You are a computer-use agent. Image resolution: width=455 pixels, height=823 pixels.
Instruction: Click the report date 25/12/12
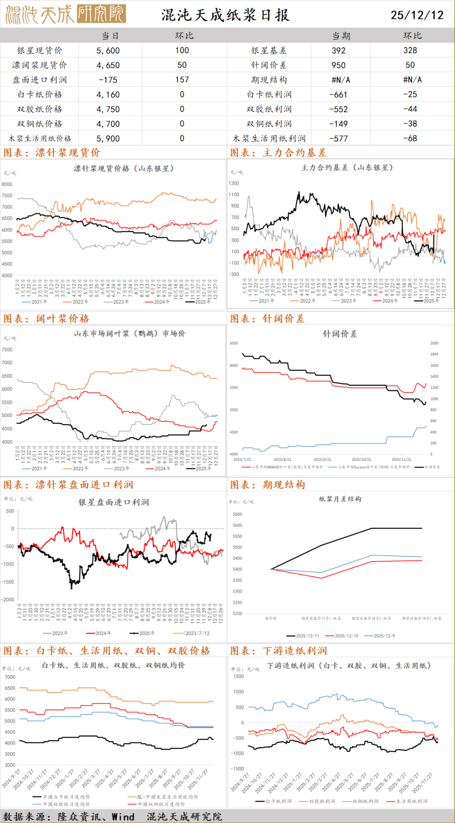417,15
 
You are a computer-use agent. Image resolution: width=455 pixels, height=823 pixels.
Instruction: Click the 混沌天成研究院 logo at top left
66,14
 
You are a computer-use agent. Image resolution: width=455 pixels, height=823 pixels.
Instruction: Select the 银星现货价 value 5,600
108,51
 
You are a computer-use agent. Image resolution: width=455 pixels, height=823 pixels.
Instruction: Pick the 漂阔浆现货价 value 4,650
108,65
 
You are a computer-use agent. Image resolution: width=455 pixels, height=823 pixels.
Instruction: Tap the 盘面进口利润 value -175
108,80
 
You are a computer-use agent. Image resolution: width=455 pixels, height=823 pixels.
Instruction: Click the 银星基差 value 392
338,51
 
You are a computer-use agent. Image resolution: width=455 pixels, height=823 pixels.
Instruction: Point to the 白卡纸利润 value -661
338,94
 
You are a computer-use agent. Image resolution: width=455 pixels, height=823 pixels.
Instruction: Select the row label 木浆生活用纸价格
40,138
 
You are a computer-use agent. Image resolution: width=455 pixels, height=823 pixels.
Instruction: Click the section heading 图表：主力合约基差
278,153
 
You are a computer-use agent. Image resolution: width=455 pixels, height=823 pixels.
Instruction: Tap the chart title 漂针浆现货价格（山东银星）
123,168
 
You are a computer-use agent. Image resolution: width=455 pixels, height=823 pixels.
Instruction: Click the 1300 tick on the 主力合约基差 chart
234,183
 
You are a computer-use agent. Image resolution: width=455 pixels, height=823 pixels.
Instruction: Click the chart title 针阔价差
340,334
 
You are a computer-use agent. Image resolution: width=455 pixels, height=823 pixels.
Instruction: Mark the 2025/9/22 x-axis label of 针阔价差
322,460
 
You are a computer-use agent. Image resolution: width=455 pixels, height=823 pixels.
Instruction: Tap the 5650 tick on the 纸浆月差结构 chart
237,514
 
